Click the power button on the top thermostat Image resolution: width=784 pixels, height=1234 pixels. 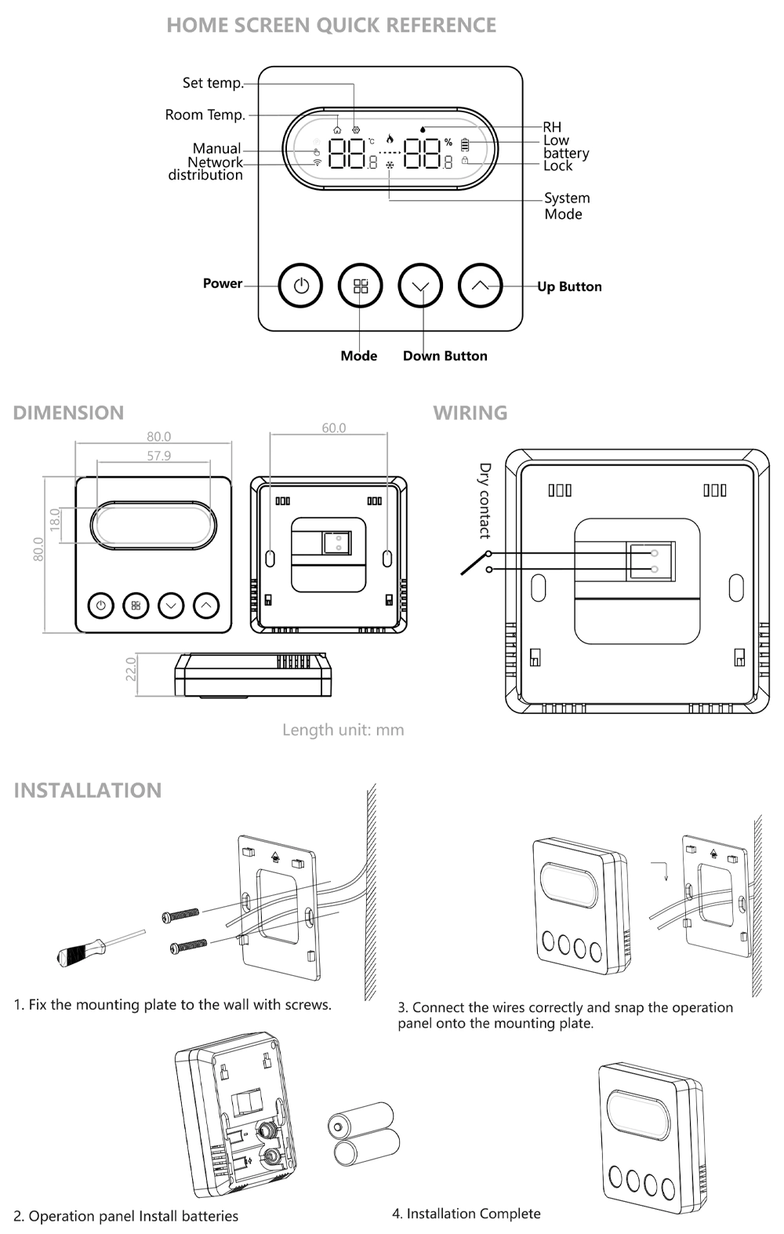[301, 286]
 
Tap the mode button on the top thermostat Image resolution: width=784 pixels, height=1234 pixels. [361, 286]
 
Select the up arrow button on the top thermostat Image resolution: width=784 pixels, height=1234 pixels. [480, 286]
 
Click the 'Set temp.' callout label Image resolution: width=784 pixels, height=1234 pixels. [212, 82]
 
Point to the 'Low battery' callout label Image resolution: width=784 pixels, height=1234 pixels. [565, 147]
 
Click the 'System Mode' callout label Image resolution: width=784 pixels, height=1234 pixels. [566, 206]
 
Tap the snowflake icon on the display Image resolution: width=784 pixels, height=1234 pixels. [390, 166]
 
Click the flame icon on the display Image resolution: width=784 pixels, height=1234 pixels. [390, 138]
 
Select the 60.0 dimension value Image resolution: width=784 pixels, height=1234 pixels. [333, 428]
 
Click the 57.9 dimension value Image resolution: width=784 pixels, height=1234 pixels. [158, 456]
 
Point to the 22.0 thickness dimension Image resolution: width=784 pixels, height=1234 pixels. [131, 669]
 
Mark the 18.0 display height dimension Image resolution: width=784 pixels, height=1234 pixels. [55, 519]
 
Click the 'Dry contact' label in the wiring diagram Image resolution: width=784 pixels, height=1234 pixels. [485, 501]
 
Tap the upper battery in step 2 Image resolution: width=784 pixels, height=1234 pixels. [360, 1119]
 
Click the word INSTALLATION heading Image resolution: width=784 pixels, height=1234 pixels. [88, 790]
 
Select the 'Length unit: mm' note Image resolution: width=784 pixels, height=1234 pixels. [343, 730]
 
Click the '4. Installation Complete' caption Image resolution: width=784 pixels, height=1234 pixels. [466, 1214]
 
